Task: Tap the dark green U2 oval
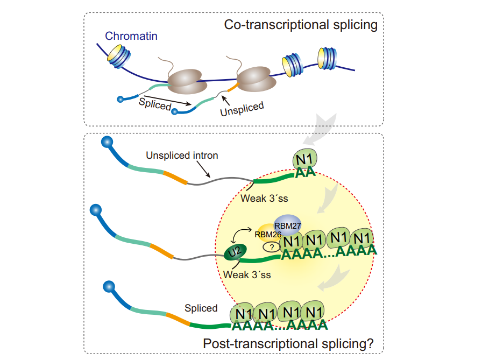coord(235,252)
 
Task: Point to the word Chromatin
coord(131,37)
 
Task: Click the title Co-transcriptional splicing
coord(301,25)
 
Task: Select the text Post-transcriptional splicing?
coord(287,343)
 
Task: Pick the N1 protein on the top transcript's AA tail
coord(305,160)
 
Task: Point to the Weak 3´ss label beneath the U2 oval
coord(247,275)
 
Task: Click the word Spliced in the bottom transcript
coord(201,308)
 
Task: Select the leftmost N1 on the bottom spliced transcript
coord(242,312)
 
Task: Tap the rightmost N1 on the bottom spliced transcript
coord(313,312)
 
